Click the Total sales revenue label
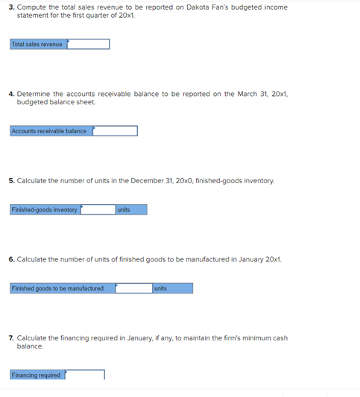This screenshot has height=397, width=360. pos(37,45)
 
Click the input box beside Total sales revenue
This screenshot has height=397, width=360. pos(88,45)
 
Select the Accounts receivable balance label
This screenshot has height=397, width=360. pos(49,131)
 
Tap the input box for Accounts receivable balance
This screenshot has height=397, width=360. pos(115,131)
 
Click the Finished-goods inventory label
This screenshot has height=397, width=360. pos(45,210)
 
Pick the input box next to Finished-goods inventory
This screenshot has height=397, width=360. pos(98,210)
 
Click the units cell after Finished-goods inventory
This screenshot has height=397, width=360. pos(130,210)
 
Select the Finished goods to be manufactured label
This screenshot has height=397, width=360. pos(58,288)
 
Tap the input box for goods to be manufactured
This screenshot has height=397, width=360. pos(134,288)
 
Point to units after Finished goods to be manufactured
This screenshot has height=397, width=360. pos(172,288)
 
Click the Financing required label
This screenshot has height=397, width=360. pos(37,375)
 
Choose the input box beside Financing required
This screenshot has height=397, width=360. pos(84,375)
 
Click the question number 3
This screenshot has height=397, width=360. pos(11,7)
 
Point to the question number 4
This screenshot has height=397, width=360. pos(11,94)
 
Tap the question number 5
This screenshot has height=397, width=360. pos(11,180)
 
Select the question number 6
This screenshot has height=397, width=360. pos(11,259)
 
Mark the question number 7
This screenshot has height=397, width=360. pos(11,338)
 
